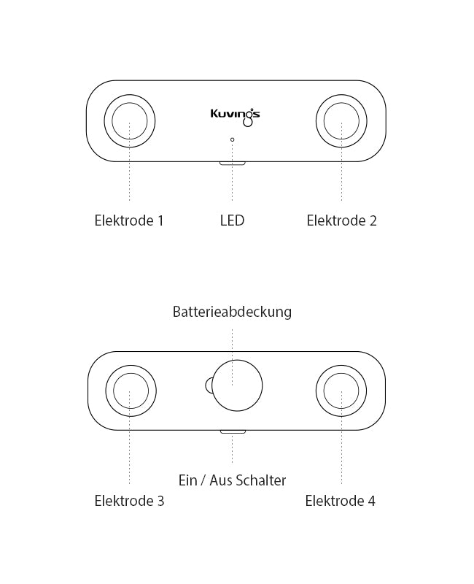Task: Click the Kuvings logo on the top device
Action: pyautogui.click(x=235, y=115)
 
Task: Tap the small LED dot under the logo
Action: pyautogui.click(x=233, y=139)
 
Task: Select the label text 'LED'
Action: pyautogui.click(x=232, y=220)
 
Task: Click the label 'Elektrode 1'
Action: pyautogui.click(x=129, y=220)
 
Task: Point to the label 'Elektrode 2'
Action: pyautogui.click(x=341, y=220)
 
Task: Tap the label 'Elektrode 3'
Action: pyautogui.click(x=129, y=501)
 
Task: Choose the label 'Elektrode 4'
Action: pyautogui.click(x=340, y=501)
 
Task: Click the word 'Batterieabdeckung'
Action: pyautogui.click(x=232, y=312)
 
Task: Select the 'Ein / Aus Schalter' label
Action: pyautogui.click(x=232, y=480)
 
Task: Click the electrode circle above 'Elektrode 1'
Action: pyautogui.click(x=129, y=120)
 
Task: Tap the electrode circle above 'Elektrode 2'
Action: pyautogui.click(x=341, y=120)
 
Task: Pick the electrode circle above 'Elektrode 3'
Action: pyautogui.click(x=130, y=390)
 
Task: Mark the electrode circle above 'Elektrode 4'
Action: pyautogui.click(x=341, y=390)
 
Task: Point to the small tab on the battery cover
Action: pyautogui.click(x=209, y=385)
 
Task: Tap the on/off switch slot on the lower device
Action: pyautogui.click(x=233, y=431)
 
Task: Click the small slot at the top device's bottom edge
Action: pyautogui.click(x=233, y=163)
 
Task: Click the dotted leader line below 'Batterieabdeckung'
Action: pyautogui.click(x=232, y=343)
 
